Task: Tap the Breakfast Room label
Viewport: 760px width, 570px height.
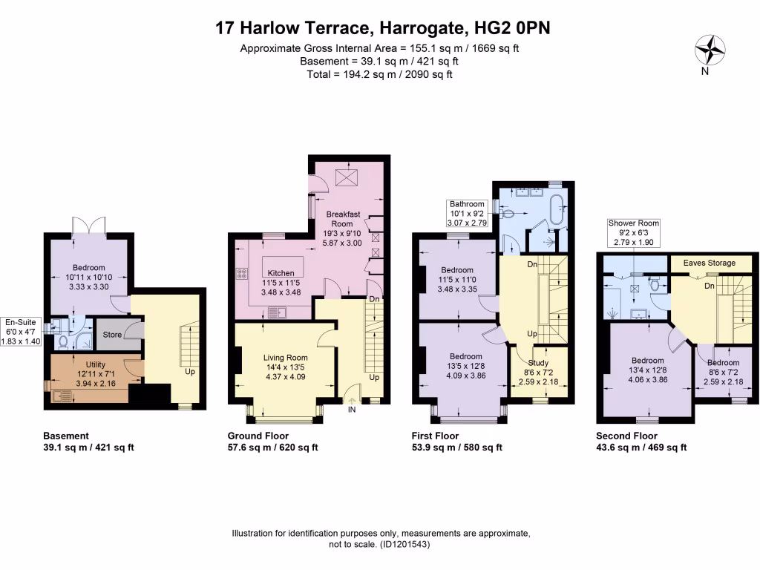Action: coord(343,219)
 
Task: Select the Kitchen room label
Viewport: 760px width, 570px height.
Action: coord(281,272)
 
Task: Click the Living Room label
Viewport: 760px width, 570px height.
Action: coord(285,358)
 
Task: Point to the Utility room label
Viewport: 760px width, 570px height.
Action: coord(96,365)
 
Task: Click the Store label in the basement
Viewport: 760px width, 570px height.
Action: coord(112,335)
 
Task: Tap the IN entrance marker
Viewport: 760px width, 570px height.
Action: coord(352,407)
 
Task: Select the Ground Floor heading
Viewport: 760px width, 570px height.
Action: coord(258,436)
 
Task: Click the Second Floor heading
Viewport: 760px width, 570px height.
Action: coord(626,436)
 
